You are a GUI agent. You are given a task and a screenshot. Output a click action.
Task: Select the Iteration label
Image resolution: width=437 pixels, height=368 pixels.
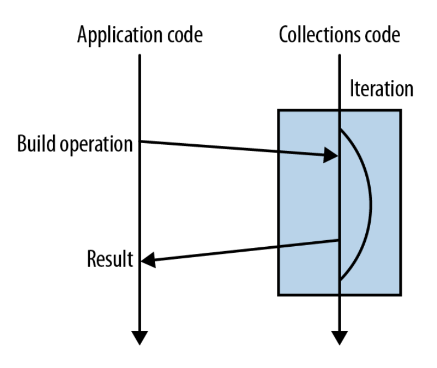(x=381, y=89)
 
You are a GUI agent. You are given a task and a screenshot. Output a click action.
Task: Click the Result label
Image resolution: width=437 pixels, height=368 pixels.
(x=110, y=258)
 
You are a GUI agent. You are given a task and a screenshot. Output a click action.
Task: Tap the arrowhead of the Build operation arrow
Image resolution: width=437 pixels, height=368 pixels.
(x=332, y=156)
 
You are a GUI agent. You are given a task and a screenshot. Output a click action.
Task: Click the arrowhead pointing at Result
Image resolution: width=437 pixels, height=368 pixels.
(x=148, y=261)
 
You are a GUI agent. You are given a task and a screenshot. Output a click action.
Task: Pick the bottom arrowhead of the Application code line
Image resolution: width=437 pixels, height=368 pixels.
(x=140, y=337)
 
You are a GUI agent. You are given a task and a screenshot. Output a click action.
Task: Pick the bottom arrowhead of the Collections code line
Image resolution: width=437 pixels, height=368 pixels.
(x=339, y=337)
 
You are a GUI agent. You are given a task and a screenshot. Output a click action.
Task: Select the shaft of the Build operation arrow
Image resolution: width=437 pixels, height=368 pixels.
(x=232, y=148)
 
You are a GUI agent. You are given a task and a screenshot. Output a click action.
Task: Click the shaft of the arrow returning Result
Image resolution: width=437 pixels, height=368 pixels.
(x=243, y=251)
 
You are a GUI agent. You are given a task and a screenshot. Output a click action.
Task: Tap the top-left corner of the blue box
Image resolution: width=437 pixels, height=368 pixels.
(x=278, y=110)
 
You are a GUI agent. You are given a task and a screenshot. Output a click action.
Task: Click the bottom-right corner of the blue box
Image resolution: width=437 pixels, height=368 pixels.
(x=400, y=295)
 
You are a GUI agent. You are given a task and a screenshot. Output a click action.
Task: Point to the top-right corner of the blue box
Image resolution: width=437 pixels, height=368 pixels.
(x=400, y=110)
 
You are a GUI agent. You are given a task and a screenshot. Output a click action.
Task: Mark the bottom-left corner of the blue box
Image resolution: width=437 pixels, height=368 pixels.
(x=278, y=295)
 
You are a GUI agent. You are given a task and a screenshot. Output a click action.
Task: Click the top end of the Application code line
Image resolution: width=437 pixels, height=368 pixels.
(x=140, y=55)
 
